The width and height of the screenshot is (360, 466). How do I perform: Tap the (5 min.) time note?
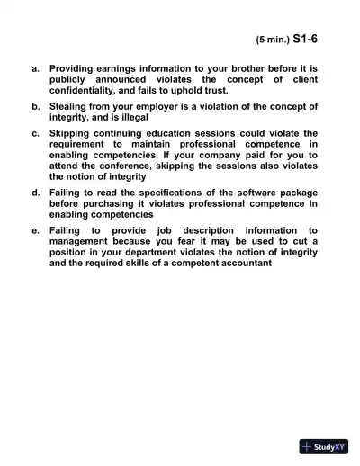click(x=273, y=40)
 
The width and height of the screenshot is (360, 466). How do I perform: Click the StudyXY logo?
click(x=324, y=445)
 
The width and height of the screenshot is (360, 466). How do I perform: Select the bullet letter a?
click(x=34, y=68)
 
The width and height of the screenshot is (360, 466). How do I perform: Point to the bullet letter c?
click(x=34, y=133)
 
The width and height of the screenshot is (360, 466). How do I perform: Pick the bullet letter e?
click(x=34, y=230)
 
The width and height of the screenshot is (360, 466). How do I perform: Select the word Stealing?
click(x=72, y=106)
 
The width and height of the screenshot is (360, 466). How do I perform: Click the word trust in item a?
click(x=216, y=90)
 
